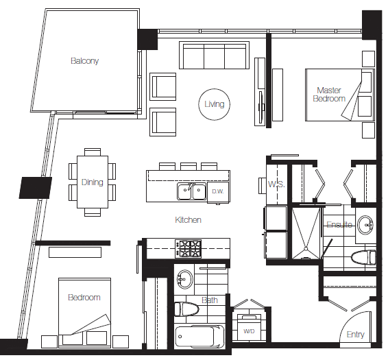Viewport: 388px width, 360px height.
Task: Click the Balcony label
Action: (x=85, y=61)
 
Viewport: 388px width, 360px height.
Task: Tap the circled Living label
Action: (x=214, y=105)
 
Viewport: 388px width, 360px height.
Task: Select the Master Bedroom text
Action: (x=328, y=95)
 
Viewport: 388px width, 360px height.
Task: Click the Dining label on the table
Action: (x=92, y=182)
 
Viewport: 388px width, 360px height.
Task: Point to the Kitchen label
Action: (x=188, y=220)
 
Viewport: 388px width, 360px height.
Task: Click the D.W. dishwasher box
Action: (x=218, y=191)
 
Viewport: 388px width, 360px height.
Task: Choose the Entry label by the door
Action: (x=355, y=335)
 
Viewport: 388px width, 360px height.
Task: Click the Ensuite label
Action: (x=339, y=225)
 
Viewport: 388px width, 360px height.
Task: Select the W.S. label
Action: (x=276, y=184)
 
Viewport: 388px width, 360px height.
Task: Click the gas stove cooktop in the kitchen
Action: (x=189, y=246)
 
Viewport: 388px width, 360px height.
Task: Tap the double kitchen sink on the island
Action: (x=191, y=191)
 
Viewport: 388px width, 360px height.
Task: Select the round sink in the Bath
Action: (x=186, y=278)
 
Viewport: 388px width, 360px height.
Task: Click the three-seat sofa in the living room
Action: (x=213, y=56)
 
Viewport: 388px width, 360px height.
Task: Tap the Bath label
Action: (x=210, y=300)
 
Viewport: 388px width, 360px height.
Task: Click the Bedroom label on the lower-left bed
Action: (x=84, y=298)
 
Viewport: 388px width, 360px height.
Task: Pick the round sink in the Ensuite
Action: (x=367, y=224)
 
